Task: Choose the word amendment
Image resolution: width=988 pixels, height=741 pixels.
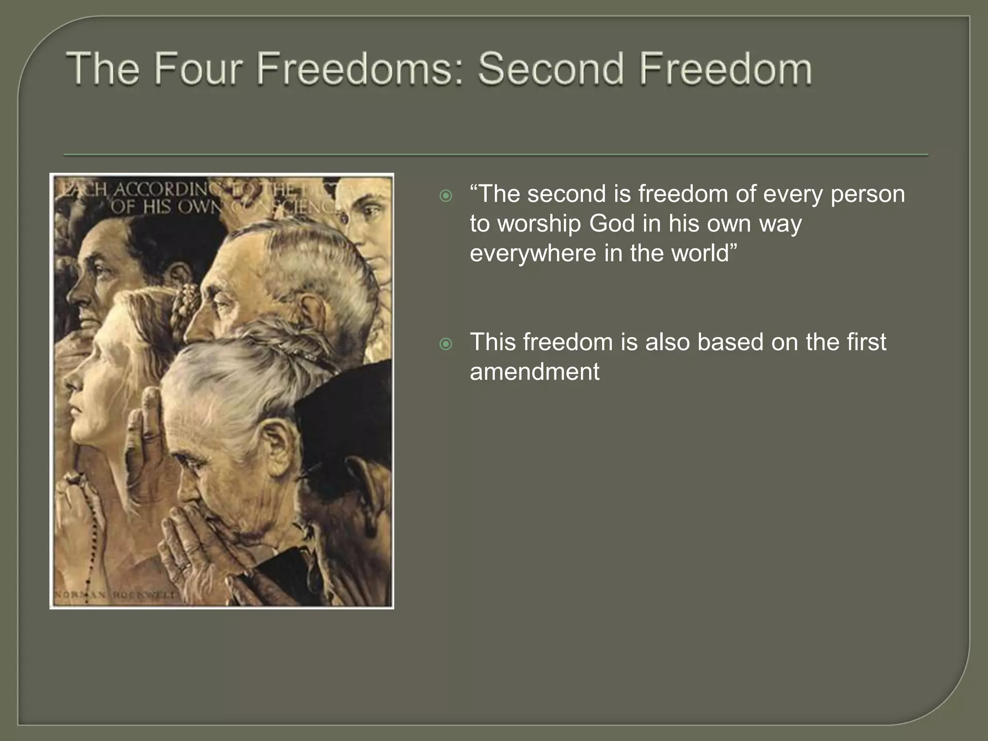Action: tap(535, 372)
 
